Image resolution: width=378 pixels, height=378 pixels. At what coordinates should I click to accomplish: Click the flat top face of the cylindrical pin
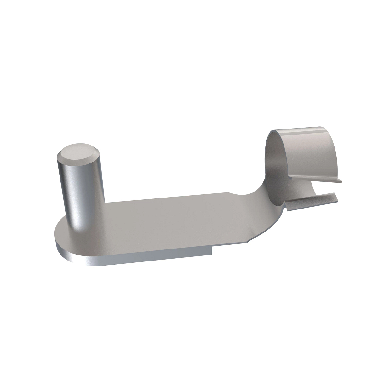coord(77,153)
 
